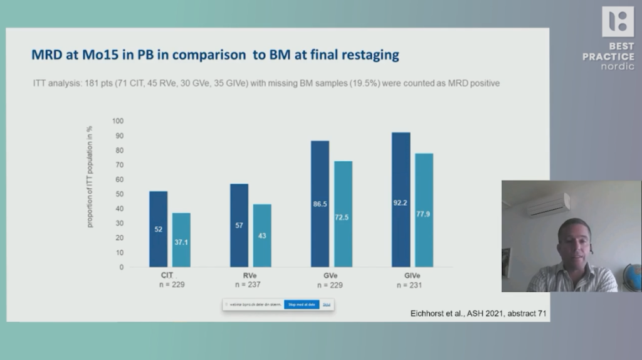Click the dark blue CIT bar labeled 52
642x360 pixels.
[158, 229]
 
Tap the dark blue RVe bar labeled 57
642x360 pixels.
[239, 225]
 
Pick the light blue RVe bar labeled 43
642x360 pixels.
[262, 235]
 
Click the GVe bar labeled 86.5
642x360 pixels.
[320, 204]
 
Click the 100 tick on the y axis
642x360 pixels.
[118, 121]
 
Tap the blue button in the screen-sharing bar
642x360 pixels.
[301, 305]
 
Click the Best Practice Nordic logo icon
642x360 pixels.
[618, 22]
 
